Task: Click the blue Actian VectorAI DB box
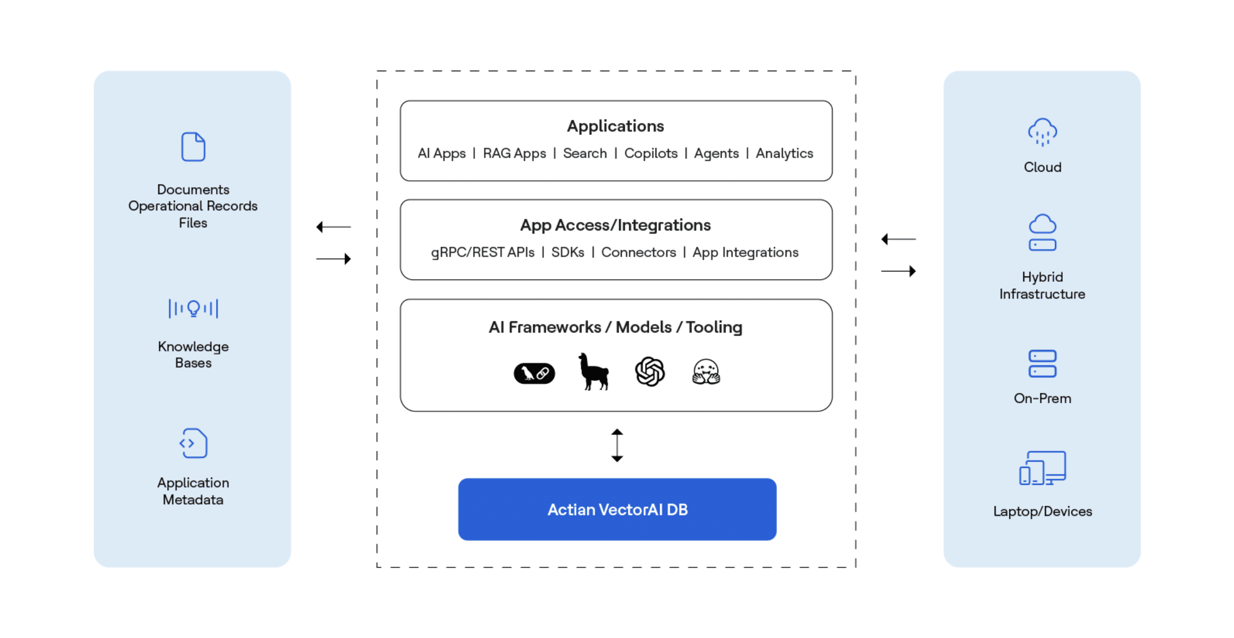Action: pos(617,509)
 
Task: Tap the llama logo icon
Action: pos(593,371)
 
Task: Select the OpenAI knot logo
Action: pos(649,371)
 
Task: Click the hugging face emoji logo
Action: pos(706,372)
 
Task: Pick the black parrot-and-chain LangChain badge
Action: pos(534,373)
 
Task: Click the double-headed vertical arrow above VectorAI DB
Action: pos(617,445)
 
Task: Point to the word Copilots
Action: pos(650,153)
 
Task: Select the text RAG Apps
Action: pos(514,153)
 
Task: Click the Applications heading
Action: pos(615,126)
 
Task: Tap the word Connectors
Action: pos(638,252)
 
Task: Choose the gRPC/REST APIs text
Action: pos(482,252)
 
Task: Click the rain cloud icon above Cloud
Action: pos(1042,132)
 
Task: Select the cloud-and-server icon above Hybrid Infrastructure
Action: pos(1042,233)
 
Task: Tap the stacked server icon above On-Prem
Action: pos(1042,364)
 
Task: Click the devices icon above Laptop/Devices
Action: pos(1042,468)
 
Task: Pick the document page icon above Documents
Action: pos(193,147)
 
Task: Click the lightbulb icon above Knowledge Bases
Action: pos(193,308)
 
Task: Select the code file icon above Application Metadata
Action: pos(193,443)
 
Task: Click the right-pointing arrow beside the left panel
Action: pos(333,259)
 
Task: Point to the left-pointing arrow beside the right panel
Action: pos(898,239)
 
